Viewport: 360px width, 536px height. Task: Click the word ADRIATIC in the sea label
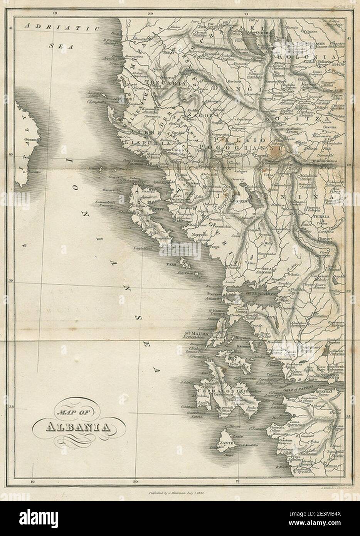click(x=62, y=27)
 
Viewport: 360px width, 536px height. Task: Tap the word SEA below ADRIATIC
click(x=58, y=46)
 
